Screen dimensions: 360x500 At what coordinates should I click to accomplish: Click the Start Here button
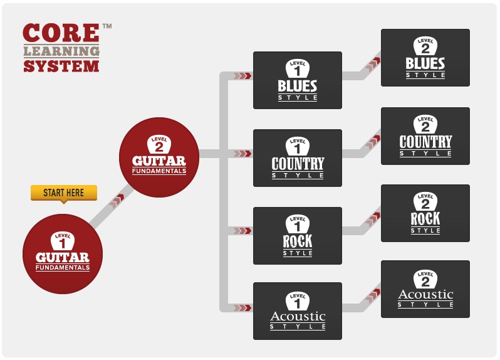63,193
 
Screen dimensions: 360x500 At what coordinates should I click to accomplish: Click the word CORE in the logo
61,33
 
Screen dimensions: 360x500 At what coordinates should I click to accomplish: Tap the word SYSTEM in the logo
61,65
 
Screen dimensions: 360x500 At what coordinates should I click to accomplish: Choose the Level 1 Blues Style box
298,80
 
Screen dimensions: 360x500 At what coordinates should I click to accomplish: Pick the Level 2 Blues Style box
425,58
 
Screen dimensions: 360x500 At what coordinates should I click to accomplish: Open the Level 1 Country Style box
298,158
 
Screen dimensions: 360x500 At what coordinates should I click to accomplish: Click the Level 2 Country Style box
425,136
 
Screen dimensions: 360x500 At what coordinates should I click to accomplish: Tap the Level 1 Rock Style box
298,236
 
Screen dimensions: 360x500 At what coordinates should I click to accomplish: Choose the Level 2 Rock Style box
425,213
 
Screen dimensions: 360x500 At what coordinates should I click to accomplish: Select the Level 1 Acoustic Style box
298,311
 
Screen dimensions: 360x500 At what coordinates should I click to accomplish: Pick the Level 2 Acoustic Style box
425,289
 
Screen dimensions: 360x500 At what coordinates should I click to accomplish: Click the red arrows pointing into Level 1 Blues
242,76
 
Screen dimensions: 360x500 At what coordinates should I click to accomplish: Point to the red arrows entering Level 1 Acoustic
242,308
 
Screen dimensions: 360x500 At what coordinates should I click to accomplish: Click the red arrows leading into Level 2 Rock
374,218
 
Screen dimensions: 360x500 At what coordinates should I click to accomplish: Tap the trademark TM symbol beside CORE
107,26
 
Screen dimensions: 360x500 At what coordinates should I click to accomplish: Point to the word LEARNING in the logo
61,51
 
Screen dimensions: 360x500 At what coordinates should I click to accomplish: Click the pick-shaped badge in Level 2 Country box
425,124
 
